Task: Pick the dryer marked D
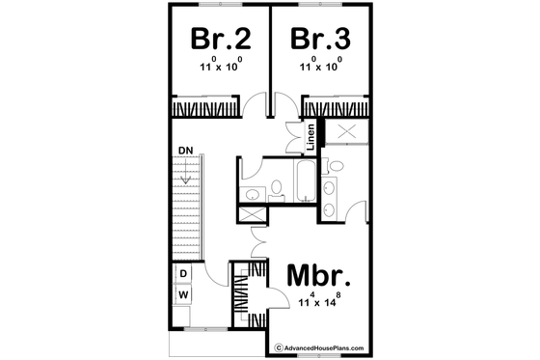[182, 274]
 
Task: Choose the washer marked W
[182, 292]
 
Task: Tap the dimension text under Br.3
[320, 68]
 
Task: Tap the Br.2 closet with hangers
[206, 107]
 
